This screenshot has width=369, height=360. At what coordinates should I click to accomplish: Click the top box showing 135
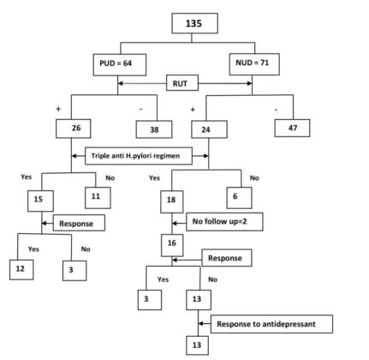(195, 22)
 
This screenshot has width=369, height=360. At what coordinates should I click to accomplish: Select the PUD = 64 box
(120, 63)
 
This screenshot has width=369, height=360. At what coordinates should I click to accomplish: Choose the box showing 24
(208, 130)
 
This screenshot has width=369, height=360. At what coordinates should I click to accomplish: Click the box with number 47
(292, 128)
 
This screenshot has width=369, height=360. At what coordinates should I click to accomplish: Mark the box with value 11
(97, 195)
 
